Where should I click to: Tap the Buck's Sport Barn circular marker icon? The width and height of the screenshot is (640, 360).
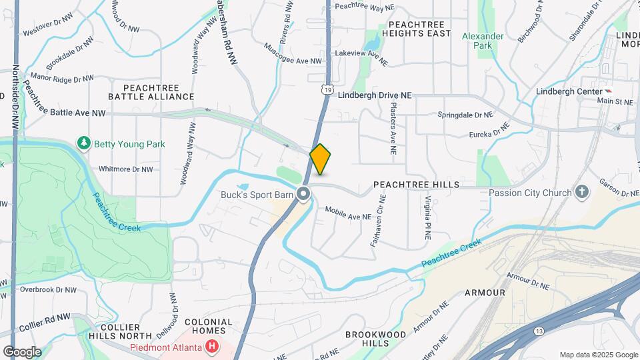click(x=304, y=195)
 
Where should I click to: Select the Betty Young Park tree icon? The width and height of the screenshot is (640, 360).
click(x=84, y=143)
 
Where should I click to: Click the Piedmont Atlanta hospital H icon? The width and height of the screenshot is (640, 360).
click(x=212, y=347)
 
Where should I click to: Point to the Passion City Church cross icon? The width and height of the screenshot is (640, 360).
click(x=582, y=193)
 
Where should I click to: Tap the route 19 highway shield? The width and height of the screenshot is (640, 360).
click(x=326, y=88)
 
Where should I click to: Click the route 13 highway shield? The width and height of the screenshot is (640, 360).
click(x=539, y=331)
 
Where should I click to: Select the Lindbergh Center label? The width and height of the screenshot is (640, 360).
click(x=569, y=91)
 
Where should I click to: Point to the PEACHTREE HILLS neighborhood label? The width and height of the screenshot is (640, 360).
click(x=417, y=184)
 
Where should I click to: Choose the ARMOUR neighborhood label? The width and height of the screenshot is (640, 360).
click(x=486, y=292)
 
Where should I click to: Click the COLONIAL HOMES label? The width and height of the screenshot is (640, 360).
click(x=208, y=327)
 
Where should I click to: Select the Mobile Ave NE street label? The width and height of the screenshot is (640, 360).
click(x=347, y=213)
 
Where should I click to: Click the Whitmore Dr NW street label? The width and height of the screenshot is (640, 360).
click(x=125, y=169)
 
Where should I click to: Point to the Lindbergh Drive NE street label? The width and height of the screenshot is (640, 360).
click(x=374, y=95)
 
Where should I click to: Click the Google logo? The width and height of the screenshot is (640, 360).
click(x=22, y=351)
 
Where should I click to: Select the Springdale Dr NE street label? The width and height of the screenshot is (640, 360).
click(x=465, y=115)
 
